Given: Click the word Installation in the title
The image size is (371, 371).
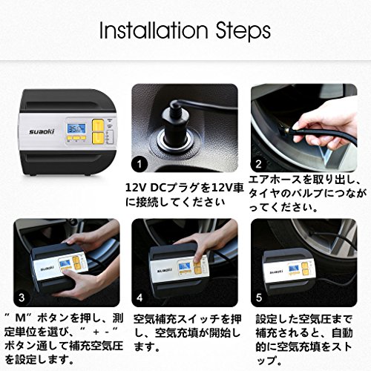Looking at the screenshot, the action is (154, 30).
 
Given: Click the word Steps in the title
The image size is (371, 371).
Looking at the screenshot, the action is (243, 31).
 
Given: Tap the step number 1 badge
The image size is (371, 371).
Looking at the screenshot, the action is (139, 164).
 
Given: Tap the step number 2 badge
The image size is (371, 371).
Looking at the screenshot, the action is (258, 164).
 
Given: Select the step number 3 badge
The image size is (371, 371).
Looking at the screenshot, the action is (22, 298).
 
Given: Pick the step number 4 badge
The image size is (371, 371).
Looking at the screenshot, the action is (139, 298).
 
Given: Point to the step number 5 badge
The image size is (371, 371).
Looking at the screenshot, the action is (258, 298).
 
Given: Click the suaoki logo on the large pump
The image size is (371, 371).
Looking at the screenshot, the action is (42, 131).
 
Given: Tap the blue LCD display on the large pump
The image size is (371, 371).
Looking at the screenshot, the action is (76, 128).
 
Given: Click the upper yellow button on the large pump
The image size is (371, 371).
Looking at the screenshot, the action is (98, 125).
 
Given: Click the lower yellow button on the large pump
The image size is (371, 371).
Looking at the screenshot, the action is (98, 138).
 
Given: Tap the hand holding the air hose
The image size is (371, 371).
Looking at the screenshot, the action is (321, 125).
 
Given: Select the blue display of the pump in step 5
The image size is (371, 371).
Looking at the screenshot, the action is (293, 269).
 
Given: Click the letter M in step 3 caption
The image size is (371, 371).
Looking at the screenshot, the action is (20, 318).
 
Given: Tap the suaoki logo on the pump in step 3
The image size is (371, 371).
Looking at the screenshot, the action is (47, 268).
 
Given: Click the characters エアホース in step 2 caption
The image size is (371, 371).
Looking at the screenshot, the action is (275, 180).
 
